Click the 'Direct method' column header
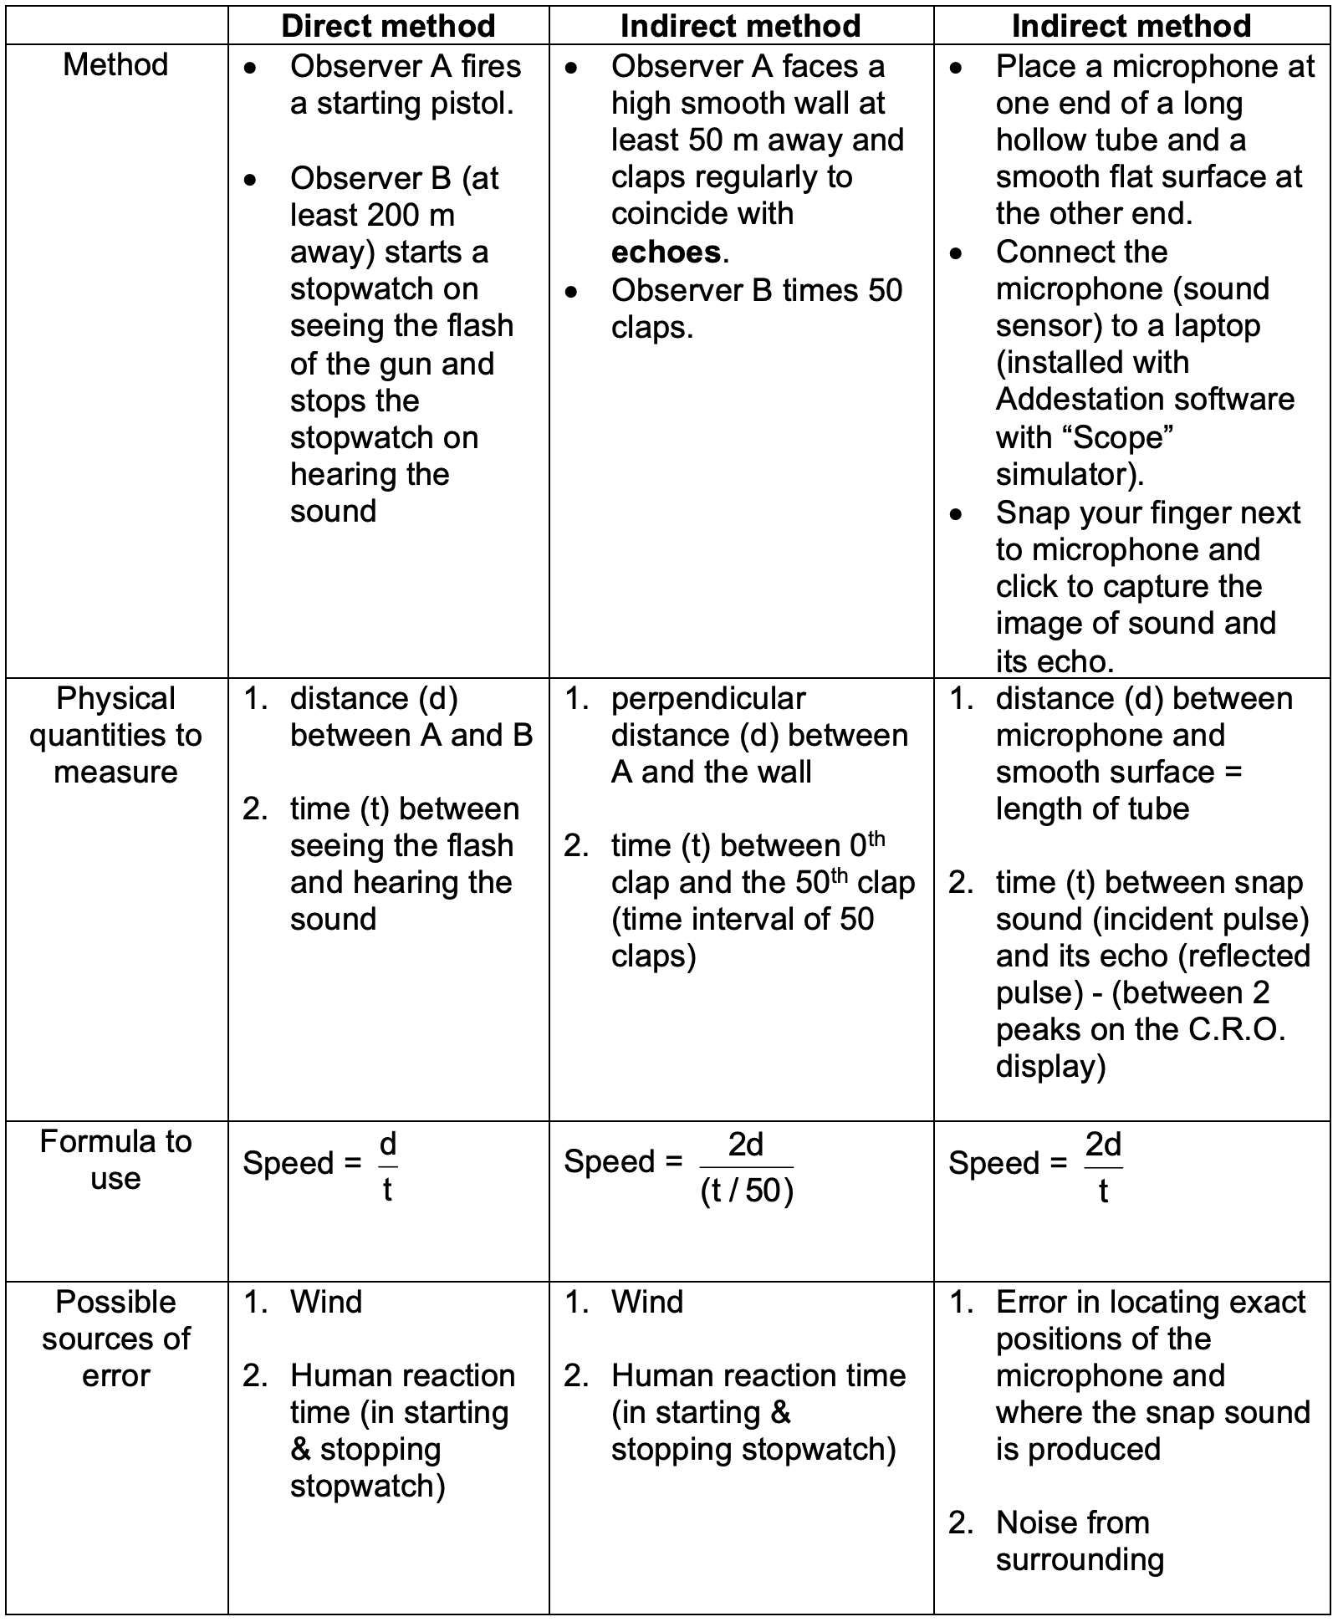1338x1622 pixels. coord(388,26)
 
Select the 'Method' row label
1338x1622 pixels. coord(115,64)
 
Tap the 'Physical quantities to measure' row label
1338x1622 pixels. coord(115,735)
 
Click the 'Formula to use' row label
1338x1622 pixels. coord(115,1160)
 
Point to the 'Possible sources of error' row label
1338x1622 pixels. coord(115,1339)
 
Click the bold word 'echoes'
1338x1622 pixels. coord(666,252)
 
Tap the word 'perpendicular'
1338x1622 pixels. coord(708,699)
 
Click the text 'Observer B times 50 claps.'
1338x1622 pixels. coord(756,308)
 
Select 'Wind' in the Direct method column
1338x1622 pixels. coord(326,1302)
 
